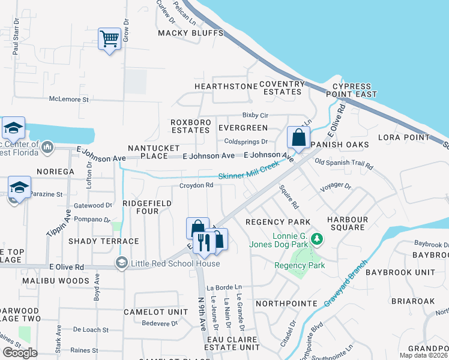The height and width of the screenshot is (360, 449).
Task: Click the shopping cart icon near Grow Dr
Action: pos(109,40)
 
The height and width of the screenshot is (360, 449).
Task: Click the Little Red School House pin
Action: pos(122,263)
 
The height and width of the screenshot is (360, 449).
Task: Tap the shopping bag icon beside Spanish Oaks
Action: pos(298,138)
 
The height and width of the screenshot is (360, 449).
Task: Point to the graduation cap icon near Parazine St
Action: pos(19,187)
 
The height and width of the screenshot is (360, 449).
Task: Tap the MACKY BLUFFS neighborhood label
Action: pos(190,34)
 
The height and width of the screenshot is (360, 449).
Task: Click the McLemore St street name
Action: pos(69,99)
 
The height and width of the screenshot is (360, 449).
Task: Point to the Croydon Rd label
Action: pos(196,185)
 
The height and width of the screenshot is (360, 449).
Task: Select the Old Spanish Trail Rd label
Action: pos(344,163)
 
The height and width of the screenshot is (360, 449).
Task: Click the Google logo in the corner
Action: pos(20,352)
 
